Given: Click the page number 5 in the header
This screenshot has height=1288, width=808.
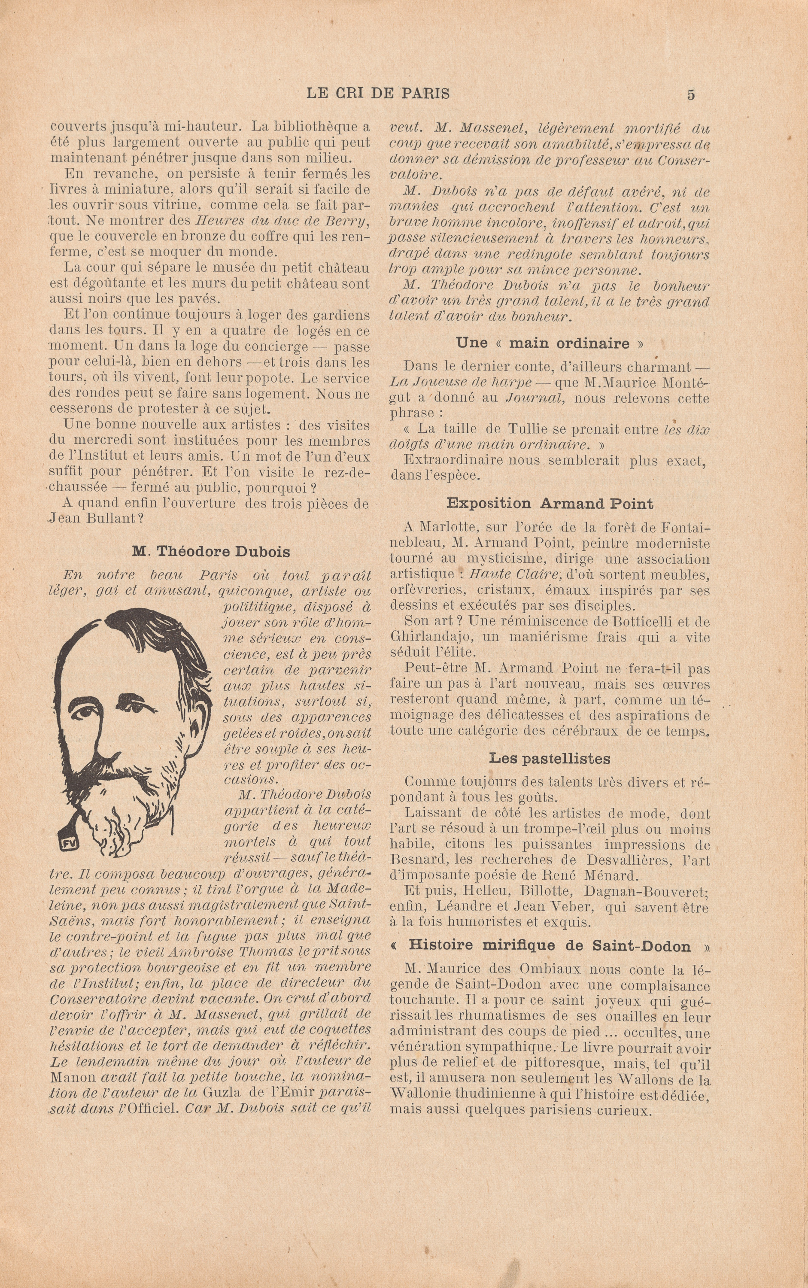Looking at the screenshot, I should [x=690, y=94].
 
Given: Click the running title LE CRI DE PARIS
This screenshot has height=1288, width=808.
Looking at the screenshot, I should [x=378, y=94].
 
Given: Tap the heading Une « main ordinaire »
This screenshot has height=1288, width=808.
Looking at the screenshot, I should [x=550, y=343].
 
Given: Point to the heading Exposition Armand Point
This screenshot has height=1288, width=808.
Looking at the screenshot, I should [x=550, y=504].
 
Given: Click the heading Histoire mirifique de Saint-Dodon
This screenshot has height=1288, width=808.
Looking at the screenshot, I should [x=550, y=945].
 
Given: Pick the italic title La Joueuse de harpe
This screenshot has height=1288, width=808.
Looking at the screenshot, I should [x=461, y=383].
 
